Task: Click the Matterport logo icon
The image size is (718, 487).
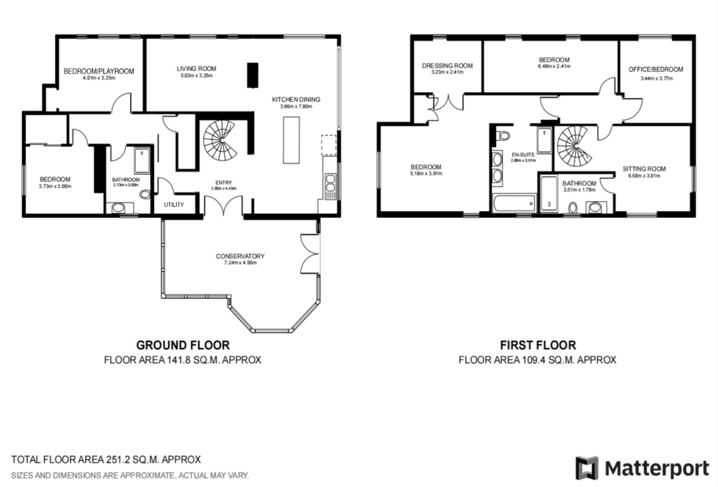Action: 587,468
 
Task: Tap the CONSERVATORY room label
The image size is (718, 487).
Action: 240,256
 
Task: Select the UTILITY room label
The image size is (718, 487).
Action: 174,205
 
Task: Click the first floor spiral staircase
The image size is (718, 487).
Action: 574,146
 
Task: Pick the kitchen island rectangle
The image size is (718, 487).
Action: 291,140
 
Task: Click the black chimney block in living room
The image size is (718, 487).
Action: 252,75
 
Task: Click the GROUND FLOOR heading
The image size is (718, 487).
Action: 183,345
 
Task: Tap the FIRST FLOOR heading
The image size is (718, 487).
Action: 538,345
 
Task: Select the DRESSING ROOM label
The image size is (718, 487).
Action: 447,66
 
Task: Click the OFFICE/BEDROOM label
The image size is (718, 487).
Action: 656,69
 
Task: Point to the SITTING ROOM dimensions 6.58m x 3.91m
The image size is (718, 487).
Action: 644,176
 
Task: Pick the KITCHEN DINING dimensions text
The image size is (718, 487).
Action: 296,107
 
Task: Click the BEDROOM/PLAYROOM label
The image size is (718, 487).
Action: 99,71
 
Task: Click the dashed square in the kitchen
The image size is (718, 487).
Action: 329,145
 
